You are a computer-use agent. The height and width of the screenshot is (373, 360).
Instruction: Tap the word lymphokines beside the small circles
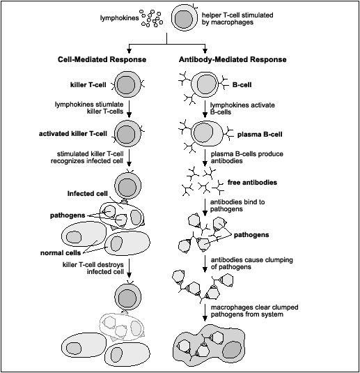click(x=119, y=18)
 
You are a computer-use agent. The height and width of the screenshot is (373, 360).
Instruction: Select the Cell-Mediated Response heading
click(x=102, y=59)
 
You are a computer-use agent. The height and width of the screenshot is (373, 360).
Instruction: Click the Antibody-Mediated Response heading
click(x=233, y=59)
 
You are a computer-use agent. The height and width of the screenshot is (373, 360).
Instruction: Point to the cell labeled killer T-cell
click(x=128, y=84)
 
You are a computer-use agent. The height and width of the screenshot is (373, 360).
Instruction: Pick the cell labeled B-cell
click(x=205, y=84)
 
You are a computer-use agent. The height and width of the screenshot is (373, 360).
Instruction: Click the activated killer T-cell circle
click(x=128, y=134)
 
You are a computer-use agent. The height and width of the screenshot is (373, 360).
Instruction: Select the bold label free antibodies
click(x=252, y=183)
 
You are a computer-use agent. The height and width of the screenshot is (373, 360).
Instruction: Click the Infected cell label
click(x=88, y=193)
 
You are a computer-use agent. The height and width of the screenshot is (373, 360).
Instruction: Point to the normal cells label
click(x=61, y=252)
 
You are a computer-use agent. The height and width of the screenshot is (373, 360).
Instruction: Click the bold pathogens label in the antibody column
click(x=251, y=235)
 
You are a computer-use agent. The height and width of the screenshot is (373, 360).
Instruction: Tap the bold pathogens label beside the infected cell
click(x=68, y=215)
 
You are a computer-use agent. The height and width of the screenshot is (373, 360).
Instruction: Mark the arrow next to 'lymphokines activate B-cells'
click(x=205, y=109)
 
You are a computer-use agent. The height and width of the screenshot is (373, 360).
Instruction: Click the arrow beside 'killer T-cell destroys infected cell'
click(x=129, y=268)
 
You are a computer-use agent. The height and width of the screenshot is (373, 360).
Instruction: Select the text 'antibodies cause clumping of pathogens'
click(x=251, y=264)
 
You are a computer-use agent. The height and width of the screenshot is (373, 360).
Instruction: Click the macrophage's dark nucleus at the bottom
click(x=230, y=350)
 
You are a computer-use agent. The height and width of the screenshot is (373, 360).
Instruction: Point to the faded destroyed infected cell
click(x=122, y=326)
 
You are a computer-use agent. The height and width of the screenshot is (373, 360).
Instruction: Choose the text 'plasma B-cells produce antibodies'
click(x=247, y=158)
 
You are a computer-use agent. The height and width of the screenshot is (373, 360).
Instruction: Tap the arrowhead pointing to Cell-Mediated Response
click(x=129, y=51)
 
